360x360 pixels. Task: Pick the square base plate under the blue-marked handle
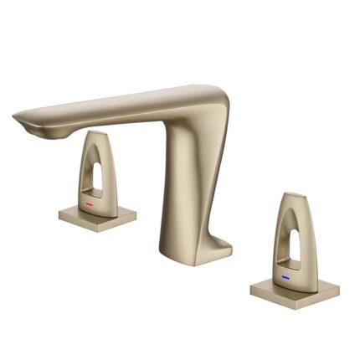point(296,289)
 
